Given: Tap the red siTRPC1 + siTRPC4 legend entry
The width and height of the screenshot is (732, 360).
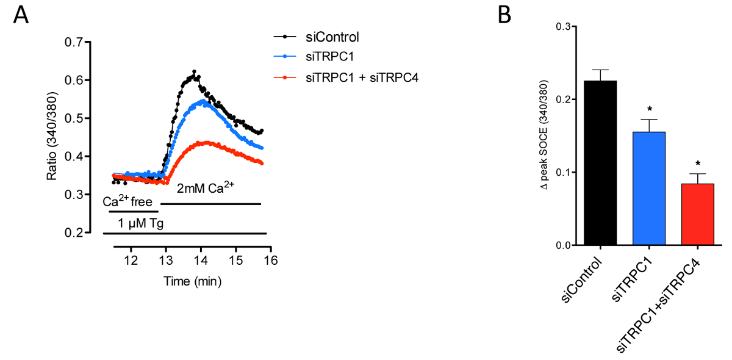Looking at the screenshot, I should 356,77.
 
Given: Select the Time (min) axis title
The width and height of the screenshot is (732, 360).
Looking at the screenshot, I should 192,281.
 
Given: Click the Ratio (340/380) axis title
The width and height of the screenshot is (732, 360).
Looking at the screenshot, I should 53,137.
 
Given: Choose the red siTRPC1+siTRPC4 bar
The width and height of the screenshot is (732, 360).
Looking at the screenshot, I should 698,214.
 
